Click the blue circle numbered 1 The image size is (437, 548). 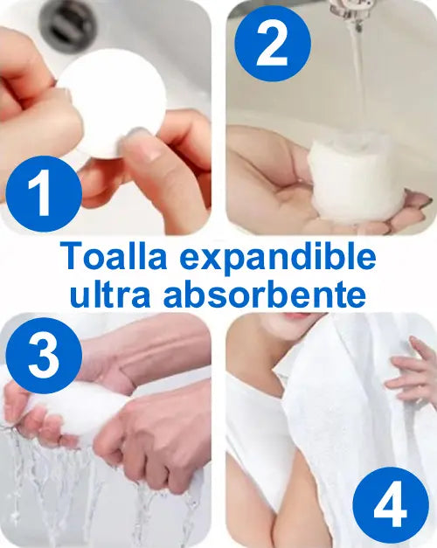[x=44, y=194]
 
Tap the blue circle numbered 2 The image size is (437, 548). [x=273, y=44]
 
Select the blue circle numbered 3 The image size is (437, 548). [x=44, y=356]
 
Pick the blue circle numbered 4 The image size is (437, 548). [x=391, y=504]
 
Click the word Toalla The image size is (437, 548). [x=113, y=257]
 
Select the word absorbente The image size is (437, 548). [x=265, y=295]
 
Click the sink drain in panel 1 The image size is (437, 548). [x=68, y=23]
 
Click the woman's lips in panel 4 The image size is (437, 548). [x=296, y=316]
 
